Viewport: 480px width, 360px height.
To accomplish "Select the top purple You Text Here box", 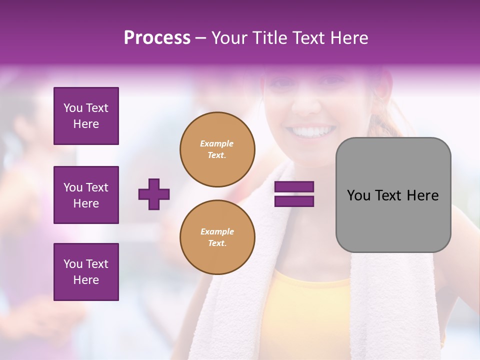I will (86, 116).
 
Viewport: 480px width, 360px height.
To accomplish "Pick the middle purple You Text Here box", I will (86, 195).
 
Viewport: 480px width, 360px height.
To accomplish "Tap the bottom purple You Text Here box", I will (86, 272).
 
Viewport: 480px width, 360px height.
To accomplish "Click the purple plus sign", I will (154, 194).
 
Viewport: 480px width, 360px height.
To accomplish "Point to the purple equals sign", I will (294, 194).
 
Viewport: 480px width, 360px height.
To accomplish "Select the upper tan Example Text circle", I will (217, 149).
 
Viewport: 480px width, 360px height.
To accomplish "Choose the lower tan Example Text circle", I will (217, 237).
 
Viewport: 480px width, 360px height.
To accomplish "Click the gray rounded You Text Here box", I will (393, 195).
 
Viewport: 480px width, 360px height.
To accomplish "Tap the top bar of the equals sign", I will (294, 187).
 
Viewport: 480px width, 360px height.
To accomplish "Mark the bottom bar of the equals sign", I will (294, 201).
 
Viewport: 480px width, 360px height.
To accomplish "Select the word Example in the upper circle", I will (217, 143).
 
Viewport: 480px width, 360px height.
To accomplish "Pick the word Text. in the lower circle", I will (217, 243).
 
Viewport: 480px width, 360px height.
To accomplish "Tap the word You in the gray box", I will (358, 195).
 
